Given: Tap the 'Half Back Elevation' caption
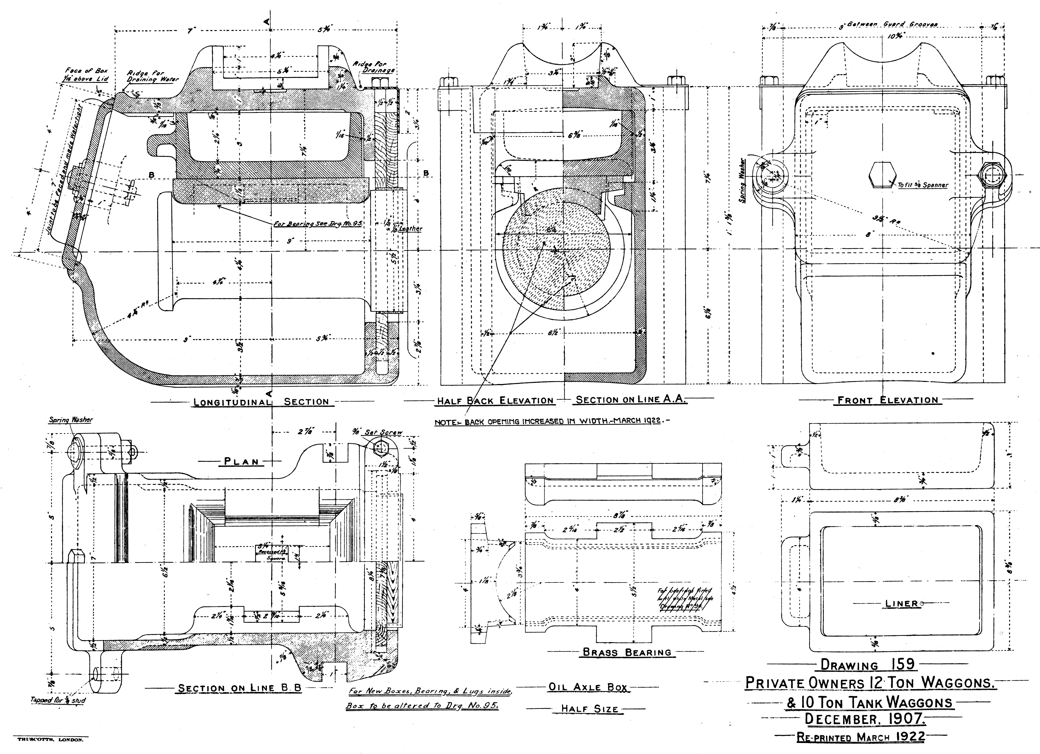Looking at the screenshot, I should pos(495,401).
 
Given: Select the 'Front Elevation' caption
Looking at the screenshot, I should pos(888,400).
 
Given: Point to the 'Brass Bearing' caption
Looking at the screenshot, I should pos(627,652).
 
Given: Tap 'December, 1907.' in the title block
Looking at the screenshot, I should pos(865,719).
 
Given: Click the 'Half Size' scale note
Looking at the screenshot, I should pos(590,709).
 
